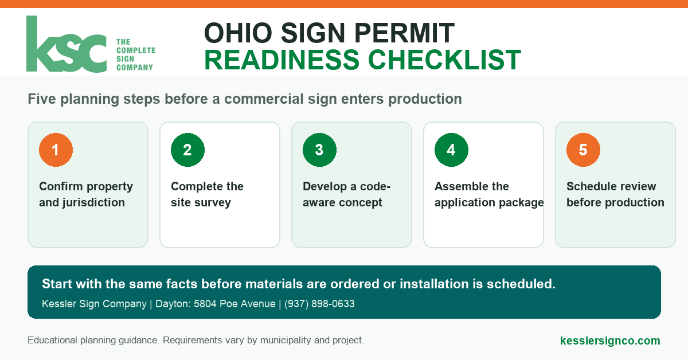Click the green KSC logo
coord(67,44)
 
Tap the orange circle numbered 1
coord(56,150)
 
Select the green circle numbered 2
coord(187,150)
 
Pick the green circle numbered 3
coord(319,150)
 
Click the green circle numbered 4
coord(451,150)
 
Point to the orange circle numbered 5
coord(583,150)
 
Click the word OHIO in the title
coord(239,33)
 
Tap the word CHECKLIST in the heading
coord(444,60)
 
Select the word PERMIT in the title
coord(404,33)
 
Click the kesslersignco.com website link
coord(610,341)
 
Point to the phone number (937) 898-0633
coord(319,304)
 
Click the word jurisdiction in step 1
coord(93,203)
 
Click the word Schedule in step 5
coord(588,186)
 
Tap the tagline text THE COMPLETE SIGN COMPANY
coord(136,54)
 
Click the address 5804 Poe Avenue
coord(234,304)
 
